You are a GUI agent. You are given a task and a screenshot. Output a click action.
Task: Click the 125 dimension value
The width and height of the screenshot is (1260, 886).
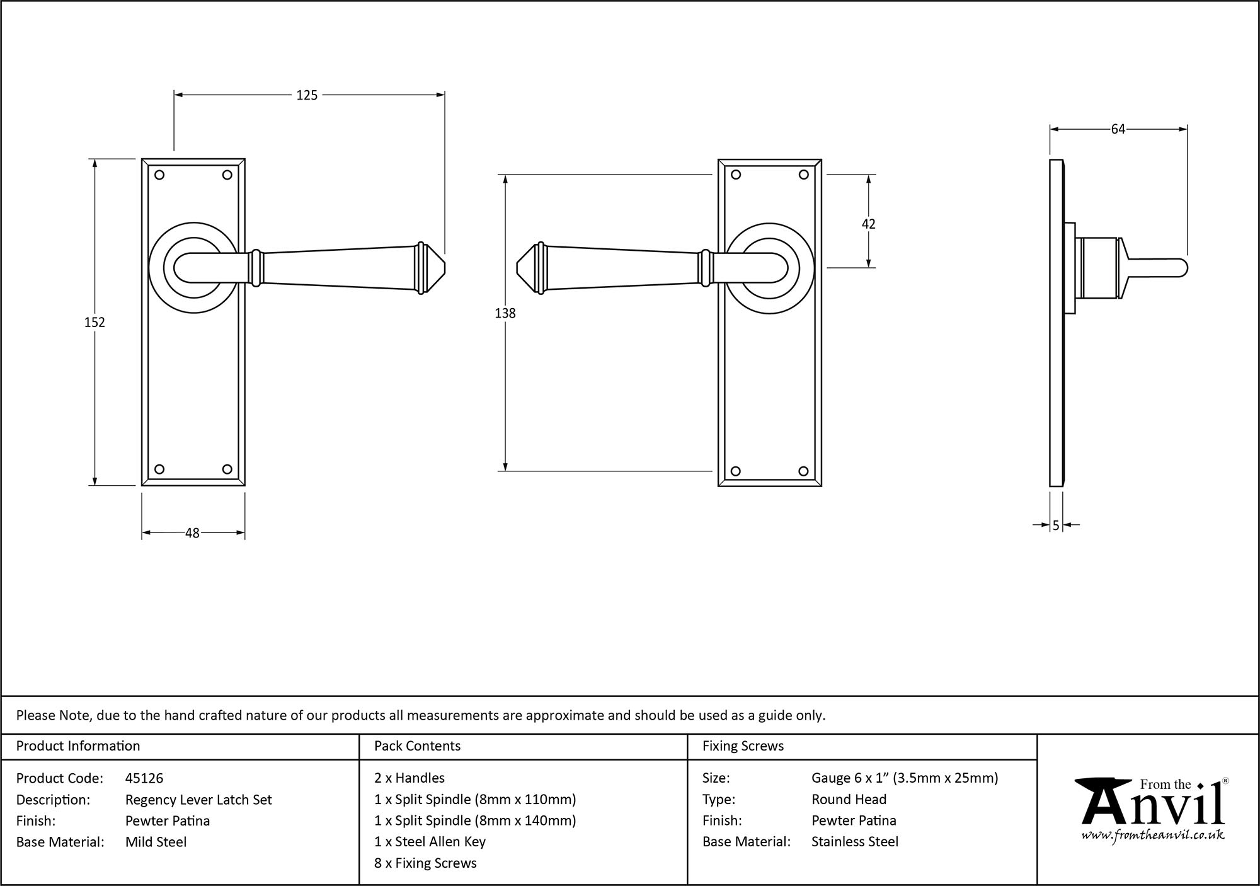click(x=307, y=95)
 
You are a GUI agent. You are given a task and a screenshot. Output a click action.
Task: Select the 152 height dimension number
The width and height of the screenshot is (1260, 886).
click(x=94, y=322)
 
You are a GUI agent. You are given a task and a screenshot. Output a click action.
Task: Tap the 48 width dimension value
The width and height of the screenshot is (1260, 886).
click(x=192, y=533)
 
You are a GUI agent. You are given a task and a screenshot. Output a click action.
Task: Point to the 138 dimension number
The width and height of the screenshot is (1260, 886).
click(x=505, y=313)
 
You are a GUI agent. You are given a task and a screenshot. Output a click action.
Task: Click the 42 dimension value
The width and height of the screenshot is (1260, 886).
click(x=868, y=224)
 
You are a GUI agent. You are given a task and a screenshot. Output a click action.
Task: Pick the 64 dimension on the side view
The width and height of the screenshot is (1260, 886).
click(x=1118, y=129)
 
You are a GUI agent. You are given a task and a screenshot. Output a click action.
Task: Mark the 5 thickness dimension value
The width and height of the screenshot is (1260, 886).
click(x=1056, y=525)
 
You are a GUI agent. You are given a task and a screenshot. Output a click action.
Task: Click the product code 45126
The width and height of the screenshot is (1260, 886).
click(x=144, y=778)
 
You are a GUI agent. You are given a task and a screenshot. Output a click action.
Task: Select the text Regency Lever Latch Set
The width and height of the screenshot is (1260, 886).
click(x=198, y=800)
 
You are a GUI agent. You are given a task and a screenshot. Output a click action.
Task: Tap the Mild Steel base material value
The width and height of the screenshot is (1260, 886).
click(x=156, y=842)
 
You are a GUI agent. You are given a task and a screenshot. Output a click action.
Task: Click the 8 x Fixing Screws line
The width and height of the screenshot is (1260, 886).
click(x=425, y=863)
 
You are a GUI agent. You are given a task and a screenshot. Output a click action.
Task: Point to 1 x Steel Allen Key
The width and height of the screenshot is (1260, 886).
click(x=430, y=842)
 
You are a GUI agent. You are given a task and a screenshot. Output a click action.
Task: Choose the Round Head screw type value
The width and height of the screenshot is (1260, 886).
click(x=849, y=800)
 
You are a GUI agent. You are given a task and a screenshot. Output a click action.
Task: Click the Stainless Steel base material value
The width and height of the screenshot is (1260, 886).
click(x=854, y=842)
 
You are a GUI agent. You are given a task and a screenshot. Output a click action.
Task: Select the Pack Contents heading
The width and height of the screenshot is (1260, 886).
click(x=417, y=746)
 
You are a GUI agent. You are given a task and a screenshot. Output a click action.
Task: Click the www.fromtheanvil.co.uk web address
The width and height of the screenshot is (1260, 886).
click(x=1153, y=836)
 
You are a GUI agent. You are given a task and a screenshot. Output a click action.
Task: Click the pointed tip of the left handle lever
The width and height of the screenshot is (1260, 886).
click(x=444, y=268)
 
